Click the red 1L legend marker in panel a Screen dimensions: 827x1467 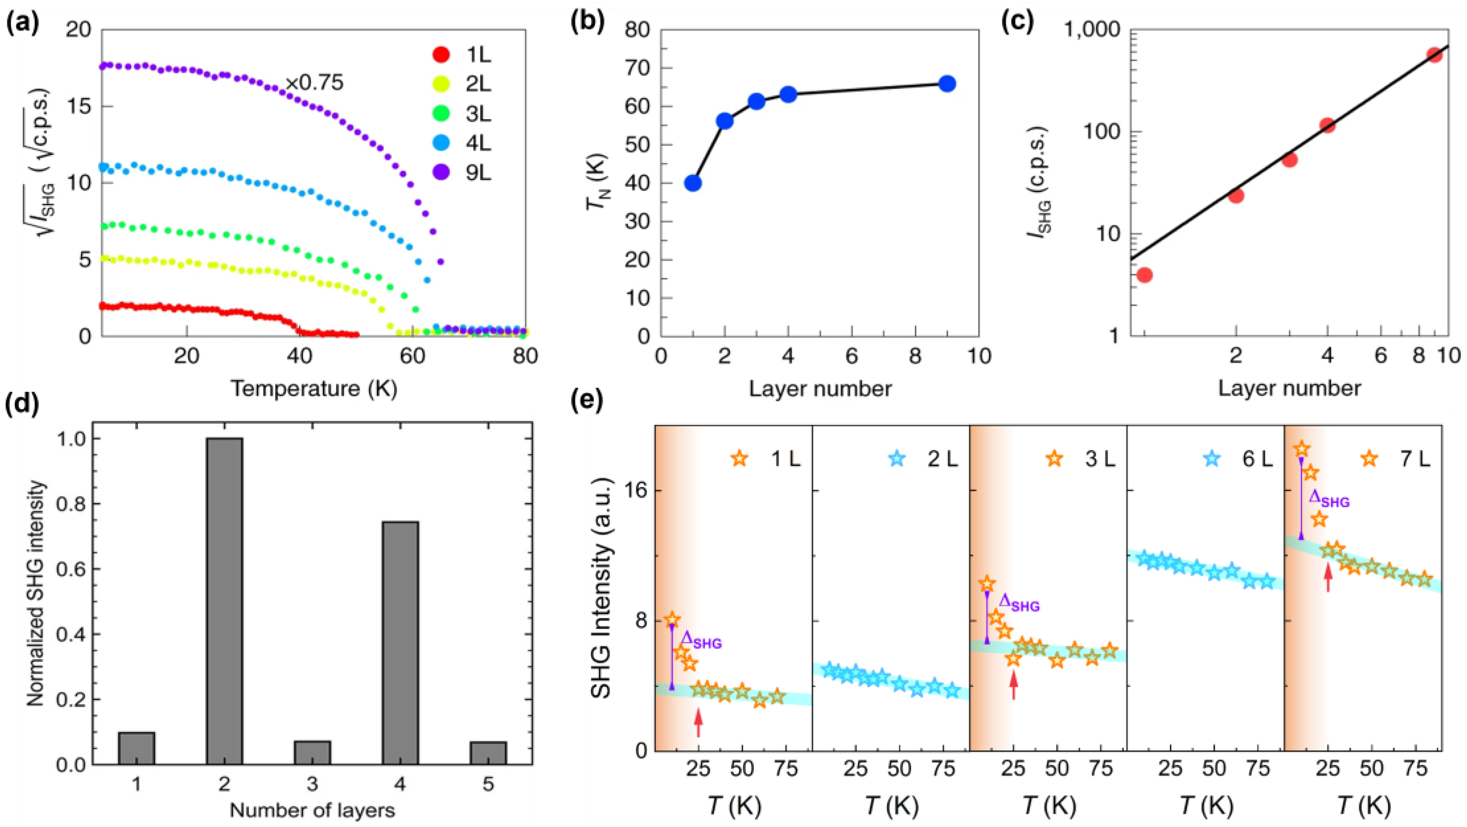(x=441, y=55)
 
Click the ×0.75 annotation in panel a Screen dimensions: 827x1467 (x=314, y=84)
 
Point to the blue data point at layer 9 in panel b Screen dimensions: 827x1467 (x=946, y=84)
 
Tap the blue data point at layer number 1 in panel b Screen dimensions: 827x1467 (x=693, y=183)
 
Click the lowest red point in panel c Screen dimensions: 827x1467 (x=1144, y=275)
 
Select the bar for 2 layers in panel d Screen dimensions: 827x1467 (x=224, y=601)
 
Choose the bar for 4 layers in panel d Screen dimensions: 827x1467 (x=400, y=642)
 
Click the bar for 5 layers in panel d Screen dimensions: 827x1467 (x=488, y=753)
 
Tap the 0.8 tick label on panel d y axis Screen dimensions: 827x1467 (x=70, y=504)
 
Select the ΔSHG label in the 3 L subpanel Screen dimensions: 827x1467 (x=1020, y=604)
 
